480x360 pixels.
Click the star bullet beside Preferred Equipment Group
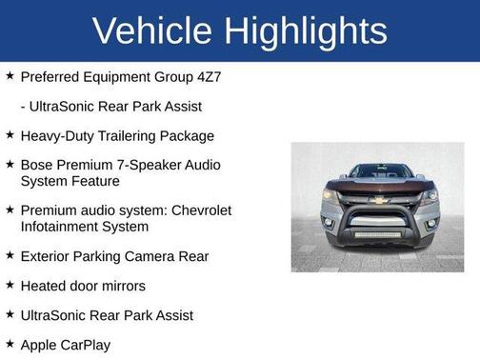(x=10, y=74)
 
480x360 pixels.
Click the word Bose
(x=38, y=165)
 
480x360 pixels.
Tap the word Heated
(x=45, y=286)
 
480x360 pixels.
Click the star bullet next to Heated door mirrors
(x=10, y=286)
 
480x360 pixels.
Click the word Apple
(x=40, y=345)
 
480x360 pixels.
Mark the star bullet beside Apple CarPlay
(x=10, y=344)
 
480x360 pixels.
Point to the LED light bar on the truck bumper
(x=379, y=233)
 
